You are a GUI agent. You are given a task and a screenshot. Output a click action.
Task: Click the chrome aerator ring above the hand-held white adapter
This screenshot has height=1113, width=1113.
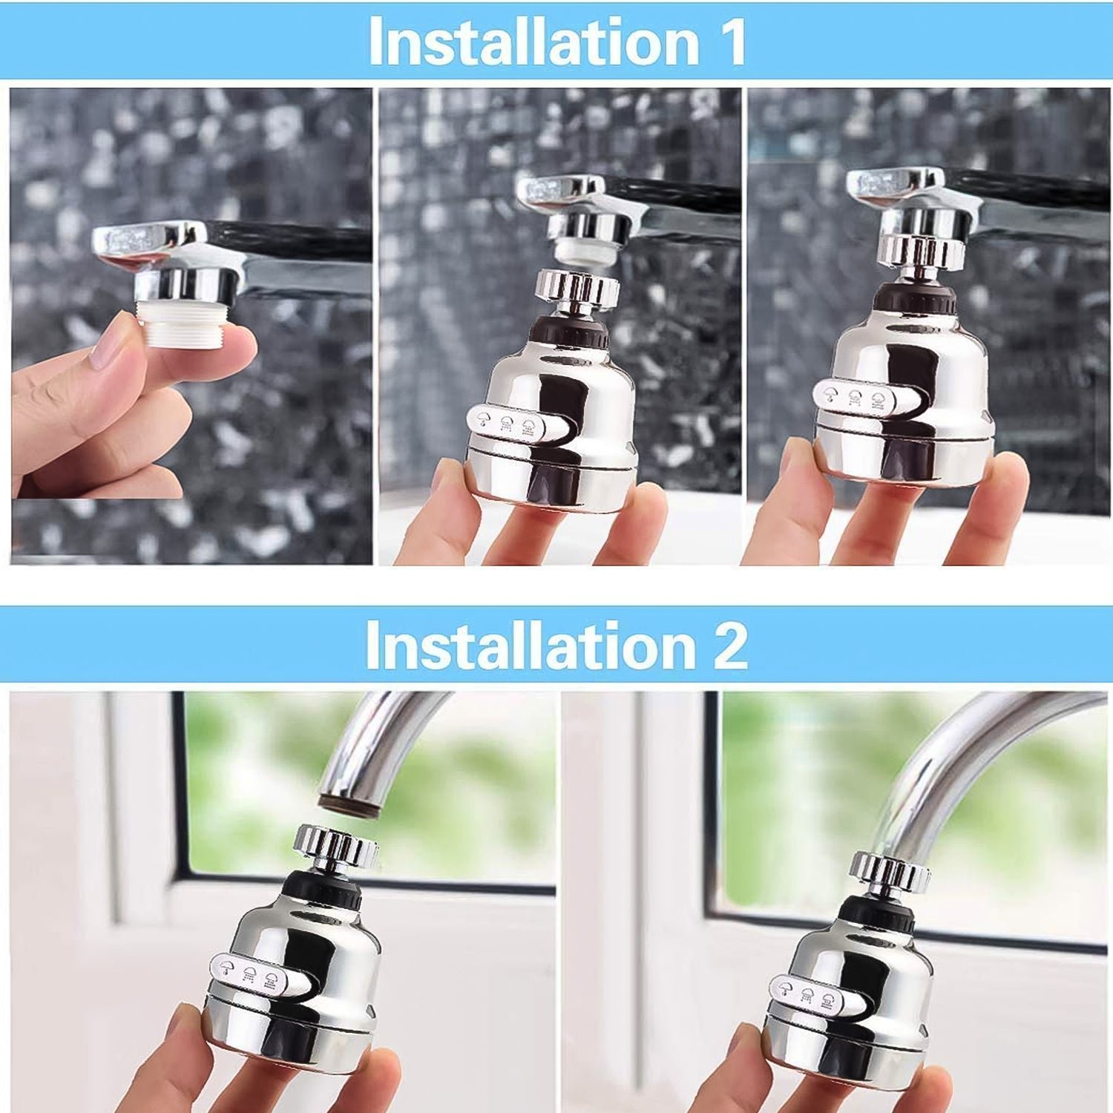click(185, 285)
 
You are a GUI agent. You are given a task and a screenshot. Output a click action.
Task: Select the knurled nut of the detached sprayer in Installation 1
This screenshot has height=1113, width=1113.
click(577, 289)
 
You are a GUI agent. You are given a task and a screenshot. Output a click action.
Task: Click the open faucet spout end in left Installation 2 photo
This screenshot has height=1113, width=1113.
click(349, 804)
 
